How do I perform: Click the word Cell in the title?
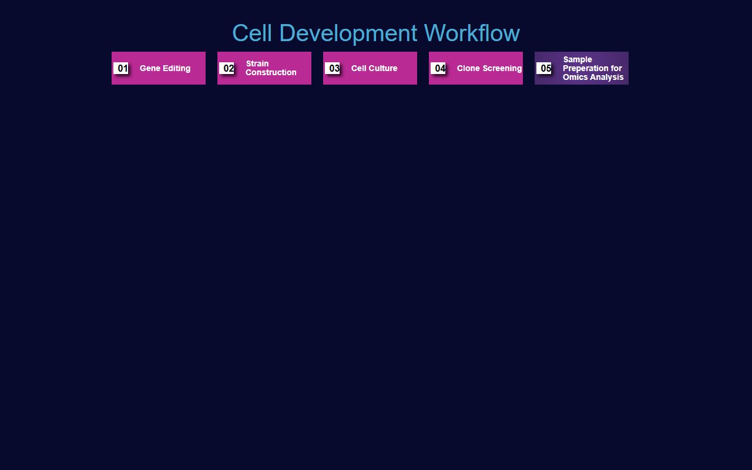pyautogui.click(x=253, y=33)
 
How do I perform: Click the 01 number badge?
pyautogui.click(x=122, y=68)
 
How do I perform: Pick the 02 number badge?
pyautogui.click(x=227, y=68)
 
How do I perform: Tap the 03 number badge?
pyautogui.click(x=333, y=68)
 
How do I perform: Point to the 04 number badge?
pyautogui.click(x=439, y=68)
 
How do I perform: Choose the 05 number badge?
pyautogui.click(x=545, y=68)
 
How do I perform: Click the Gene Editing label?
pyautogui.click(x=165, y=68)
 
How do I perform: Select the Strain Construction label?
pyautogui.click(x=271, y=68)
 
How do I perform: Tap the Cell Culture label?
pyautogui.click(x=374, y=68)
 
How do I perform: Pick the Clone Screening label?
pyautogui.click(x=489, y=68)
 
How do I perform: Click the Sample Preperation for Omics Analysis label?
pyautogui.click(x=593, y=68)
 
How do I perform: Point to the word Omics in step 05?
pyautogui.click(x=575, y=77)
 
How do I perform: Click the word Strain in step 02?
pyautogui.click(x=257, y=63)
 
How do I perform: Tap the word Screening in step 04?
pyautogui.click(x=502, y=68)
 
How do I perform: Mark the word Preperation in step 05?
pyautogui.click(x=585, y=68)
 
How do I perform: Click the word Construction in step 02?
pyautogui.click(x=271, y=72)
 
